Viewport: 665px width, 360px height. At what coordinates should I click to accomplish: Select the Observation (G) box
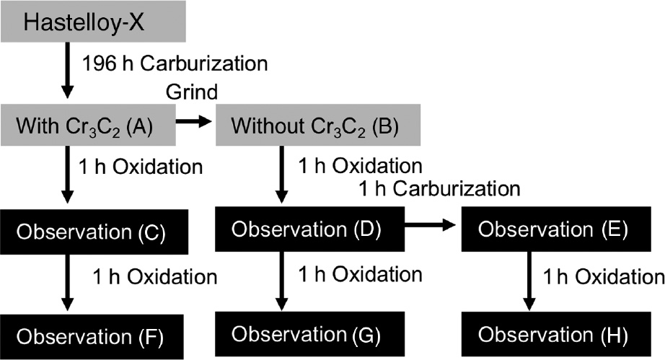point(309,334)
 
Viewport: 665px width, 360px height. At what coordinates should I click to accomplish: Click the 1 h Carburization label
point(439,188)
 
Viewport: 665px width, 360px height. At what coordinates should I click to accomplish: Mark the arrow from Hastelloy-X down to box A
point(66,71)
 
